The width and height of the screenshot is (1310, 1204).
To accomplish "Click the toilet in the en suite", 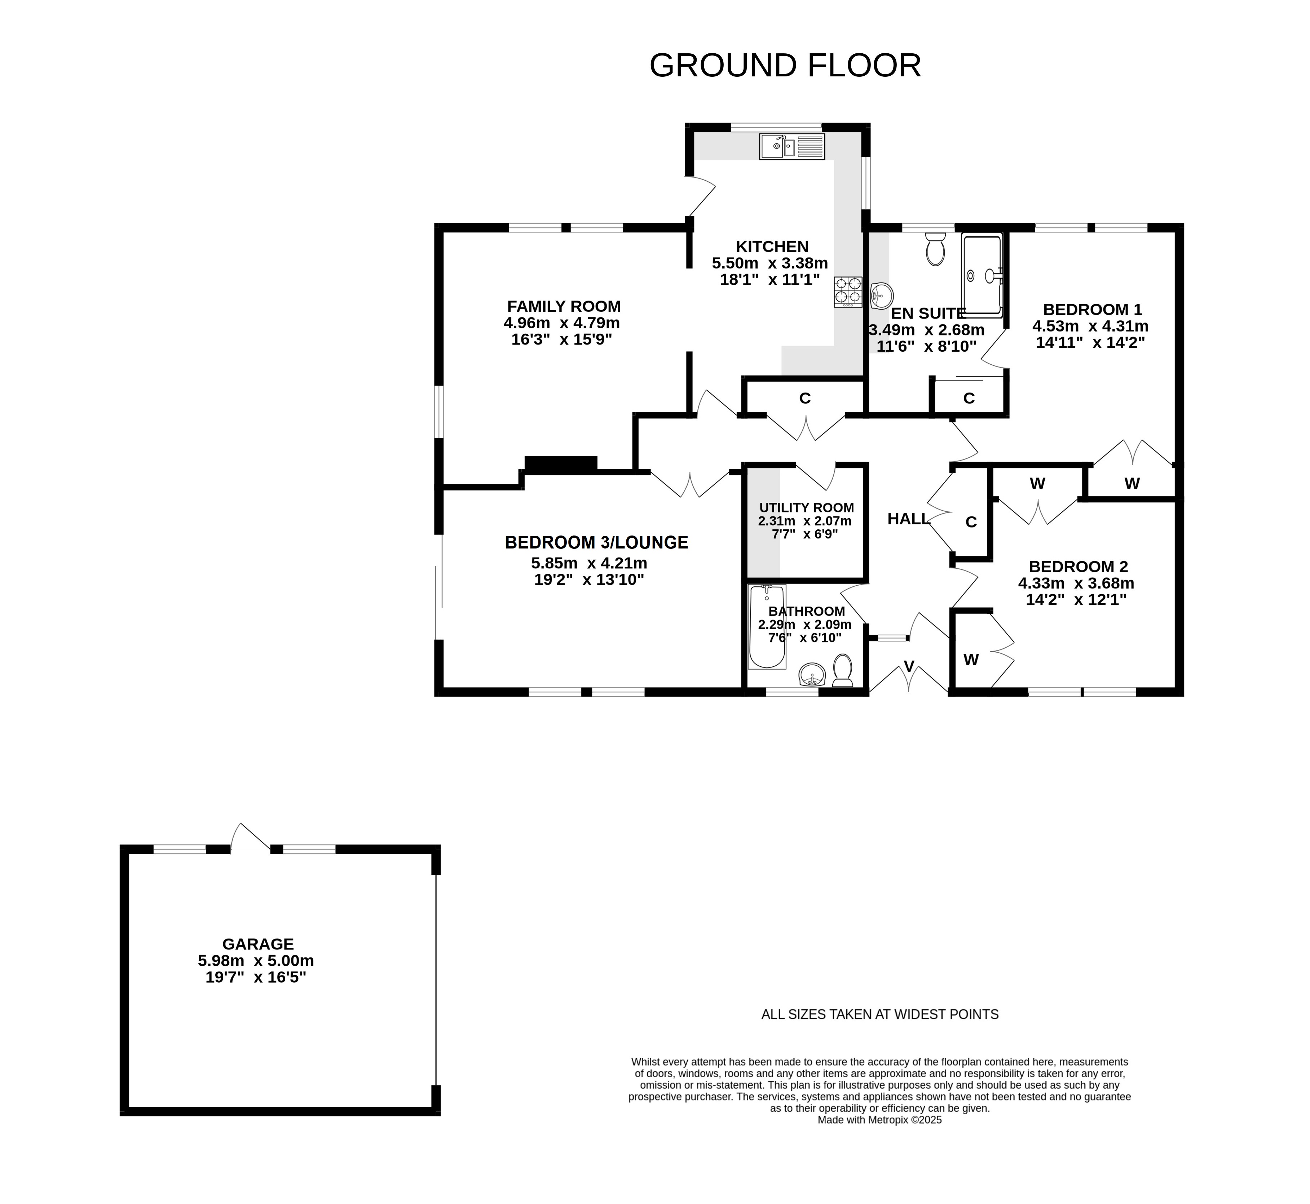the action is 935,249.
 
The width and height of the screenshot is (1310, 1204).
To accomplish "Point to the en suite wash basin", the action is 881,296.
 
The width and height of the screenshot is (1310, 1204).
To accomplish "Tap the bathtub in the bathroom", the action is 767,627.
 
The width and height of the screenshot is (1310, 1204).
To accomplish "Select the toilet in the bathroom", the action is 843,670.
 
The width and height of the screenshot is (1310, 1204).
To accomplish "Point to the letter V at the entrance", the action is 909,666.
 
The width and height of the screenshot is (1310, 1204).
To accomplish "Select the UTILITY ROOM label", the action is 806,507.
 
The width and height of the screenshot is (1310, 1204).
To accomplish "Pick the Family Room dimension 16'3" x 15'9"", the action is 562,339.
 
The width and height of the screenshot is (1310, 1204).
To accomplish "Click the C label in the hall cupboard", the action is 971,522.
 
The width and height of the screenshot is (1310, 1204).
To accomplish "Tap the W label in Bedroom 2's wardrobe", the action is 971,660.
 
